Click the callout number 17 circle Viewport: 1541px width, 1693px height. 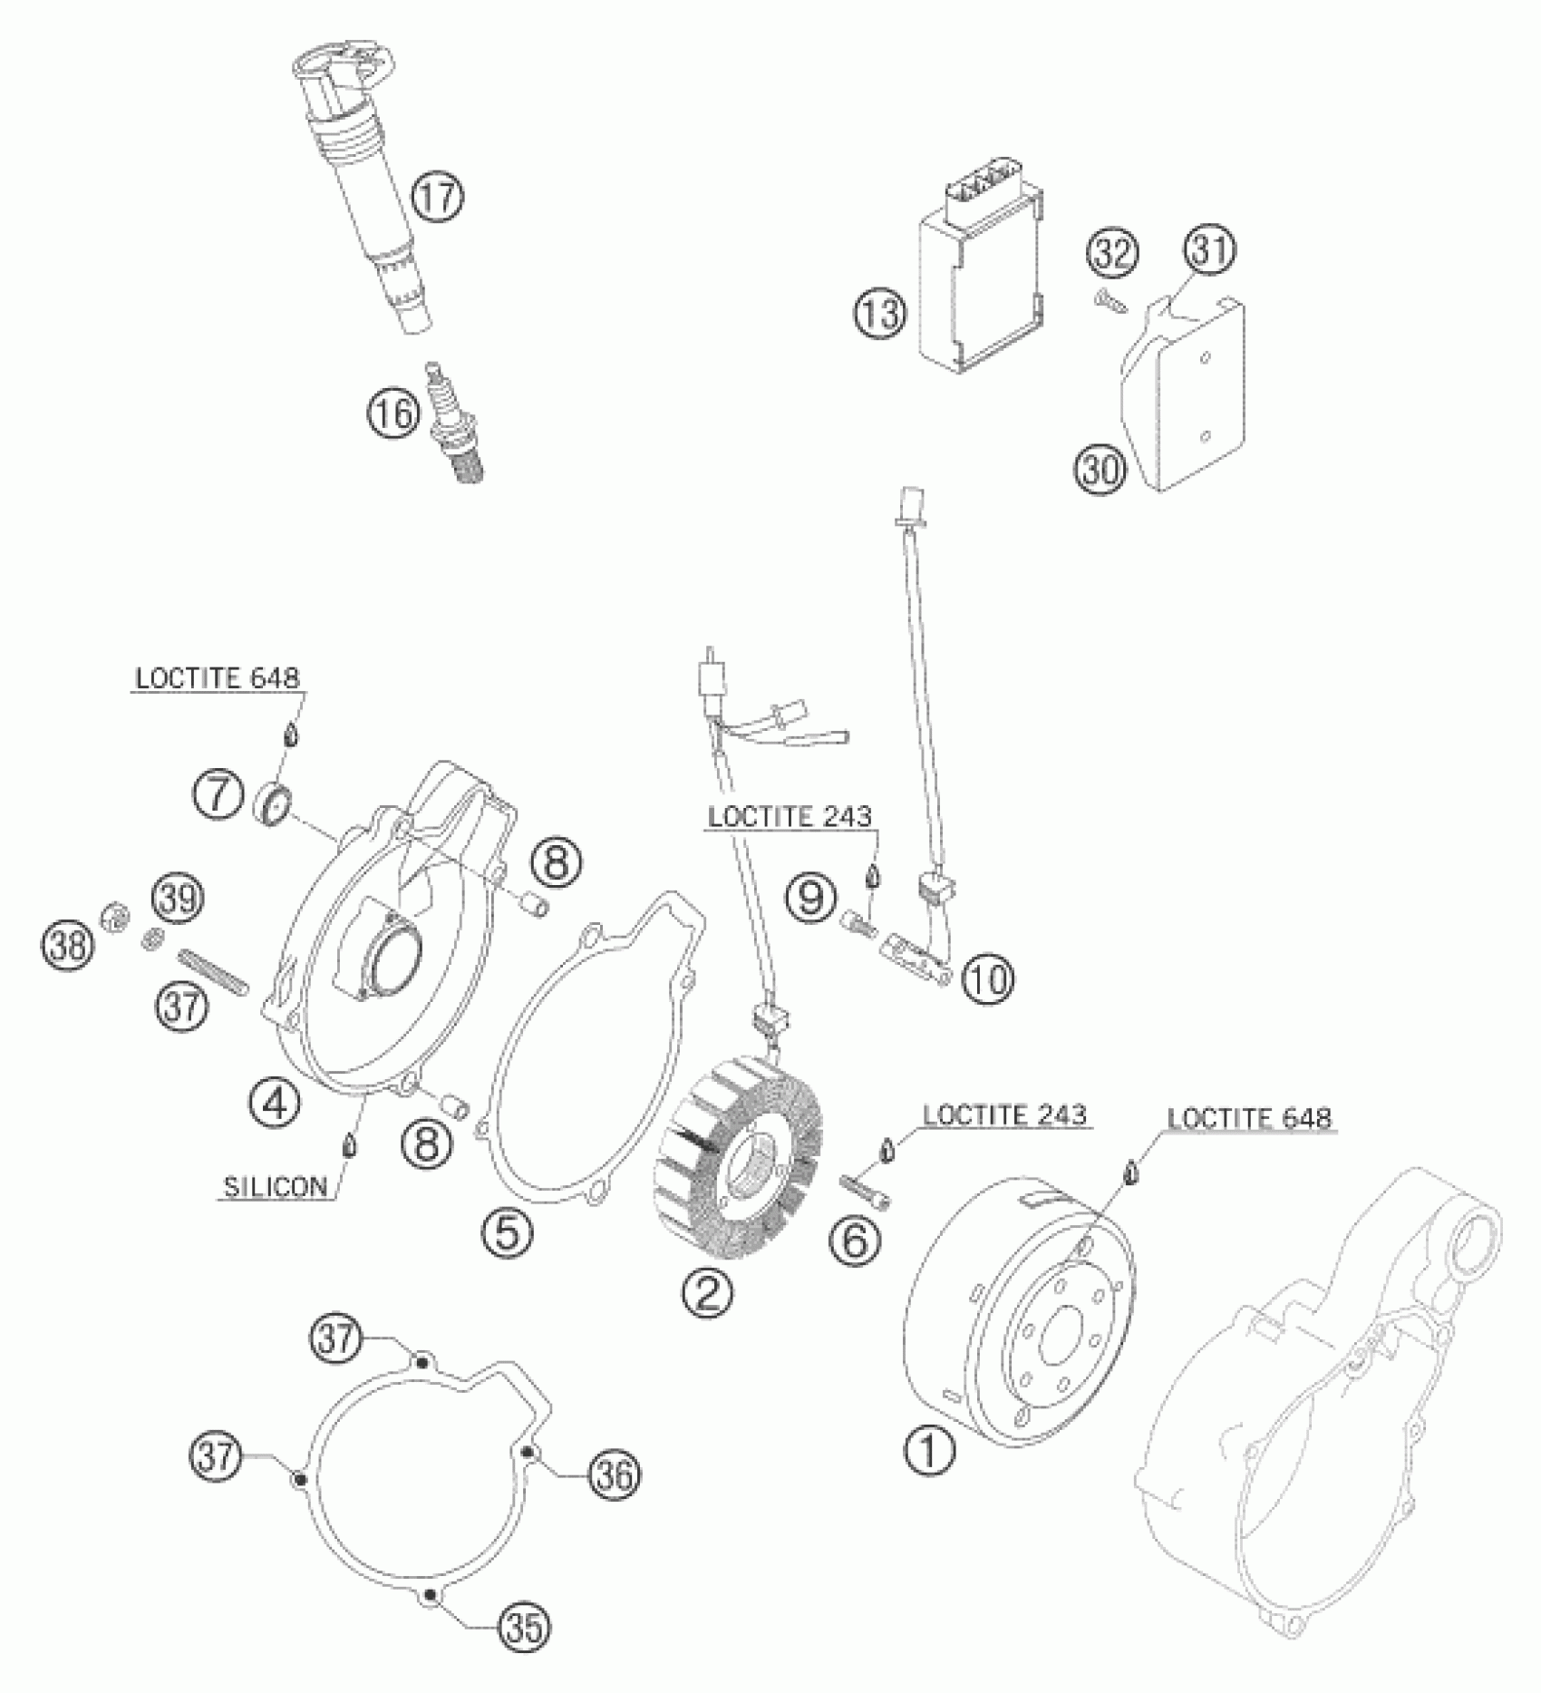coord(437,198)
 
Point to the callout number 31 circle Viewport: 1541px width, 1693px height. coord(1211,249)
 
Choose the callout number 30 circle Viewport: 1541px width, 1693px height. coord(1101,470)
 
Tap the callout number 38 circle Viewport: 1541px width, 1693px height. coord(65,947)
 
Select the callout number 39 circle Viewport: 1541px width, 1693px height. coord(178,898)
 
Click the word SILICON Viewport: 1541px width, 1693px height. coord(276,1188)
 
